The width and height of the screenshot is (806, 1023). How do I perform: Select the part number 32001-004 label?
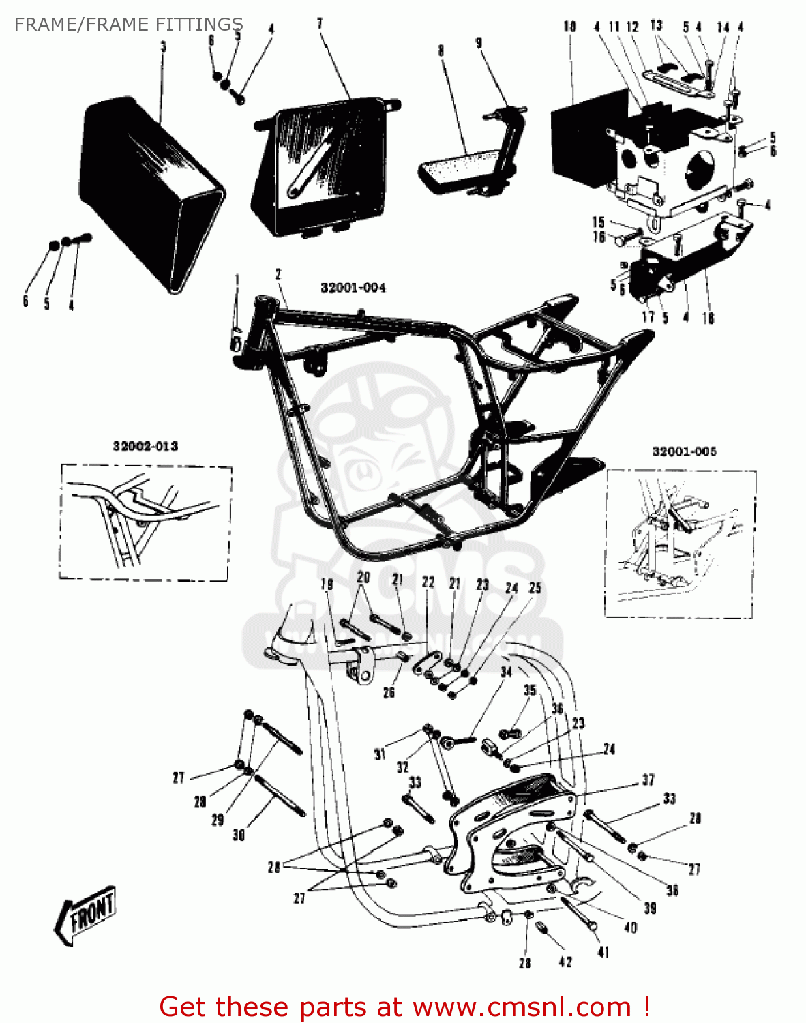tap(353, 288)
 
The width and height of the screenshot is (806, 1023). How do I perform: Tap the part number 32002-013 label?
tap(145, 446)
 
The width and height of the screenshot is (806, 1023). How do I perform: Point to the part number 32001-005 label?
tap(684, 451)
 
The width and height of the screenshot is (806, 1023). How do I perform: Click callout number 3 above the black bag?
tap(163, 46)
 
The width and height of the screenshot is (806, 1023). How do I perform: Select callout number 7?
tap(320, 24)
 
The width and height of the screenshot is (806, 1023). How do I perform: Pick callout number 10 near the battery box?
tap(569, 27)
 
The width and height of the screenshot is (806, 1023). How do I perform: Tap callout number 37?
tap(648, 779)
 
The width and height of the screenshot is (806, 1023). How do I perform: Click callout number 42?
tap(565, 962)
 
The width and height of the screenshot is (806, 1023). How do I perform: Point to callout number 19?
tap(327, 584)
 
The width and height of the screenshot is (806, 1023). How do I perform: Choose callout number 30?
tap(239, 834)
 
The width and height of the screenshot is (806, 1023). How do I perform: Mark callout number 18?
tap(708, 318)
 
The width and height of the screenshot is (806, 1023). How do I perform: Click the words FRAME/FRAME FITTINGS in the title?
tap(129, 25)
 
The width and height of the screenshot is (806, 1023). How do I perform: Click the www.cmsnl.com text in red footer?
tap(522, 1007)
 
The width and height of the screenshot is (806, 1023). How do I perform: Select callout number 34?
tap(506, 672)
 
